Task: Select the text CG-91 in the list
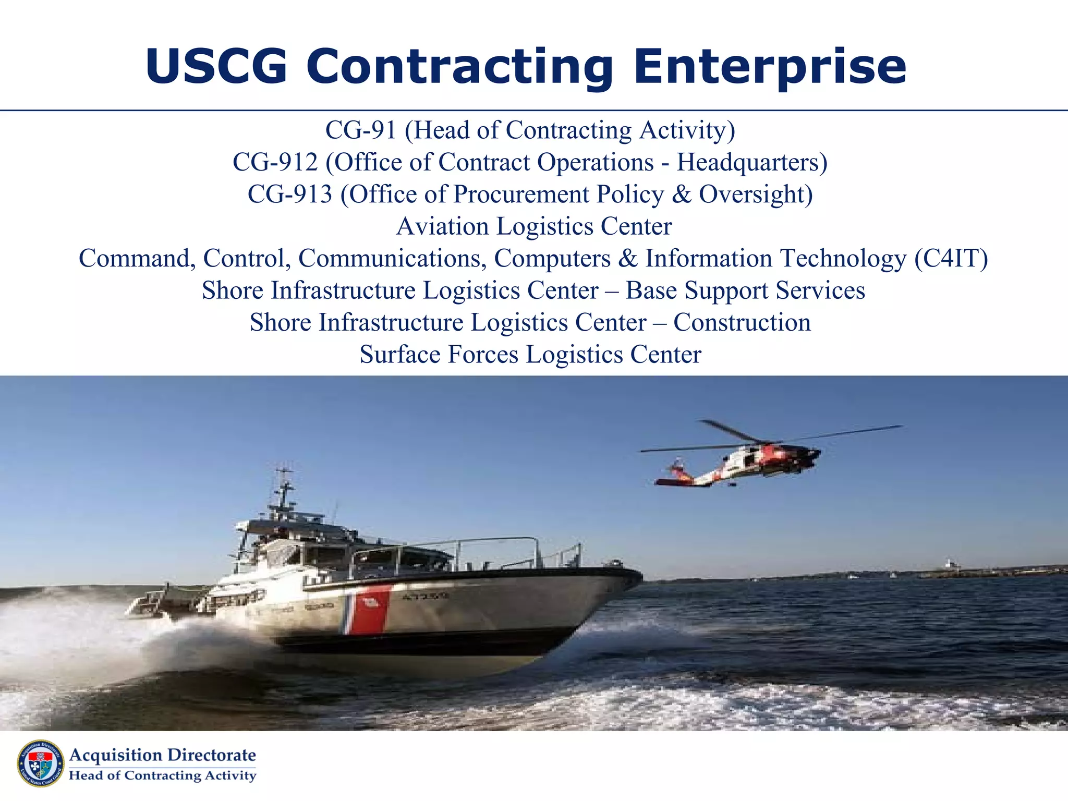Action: (x=361, y=130)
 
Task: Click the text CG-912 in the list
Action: (x=275, y=162)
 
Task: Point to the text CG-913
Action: (x=290, y=195)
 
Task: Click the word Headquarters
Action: (x=752, y=162)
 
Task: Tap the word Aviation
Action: (x=442, y=226)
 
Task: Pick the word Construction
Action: (x=742, y=323)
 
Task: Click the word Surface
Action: (x=400, y=355)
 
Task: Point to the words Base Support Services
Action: (x=745, y=290)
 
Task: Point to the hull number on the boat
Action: (x=426, y=596)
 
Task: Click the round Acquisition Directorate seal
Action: (x=41, y=763)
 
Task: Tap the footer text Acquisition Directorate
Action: (x=163, y=755)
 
